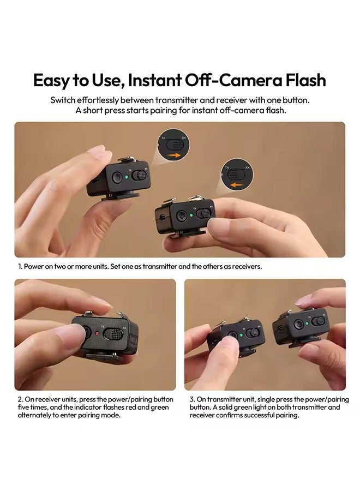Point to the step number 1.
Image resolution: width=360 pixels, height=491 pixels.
pos(20,267)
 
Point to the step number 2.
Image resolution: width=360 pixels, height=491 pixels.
pos(20,400)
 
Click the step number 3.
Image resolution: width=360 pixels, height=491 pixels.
pos(192,400)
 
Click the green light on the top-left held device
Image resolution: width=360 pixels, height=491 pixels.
pos(130,176)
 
